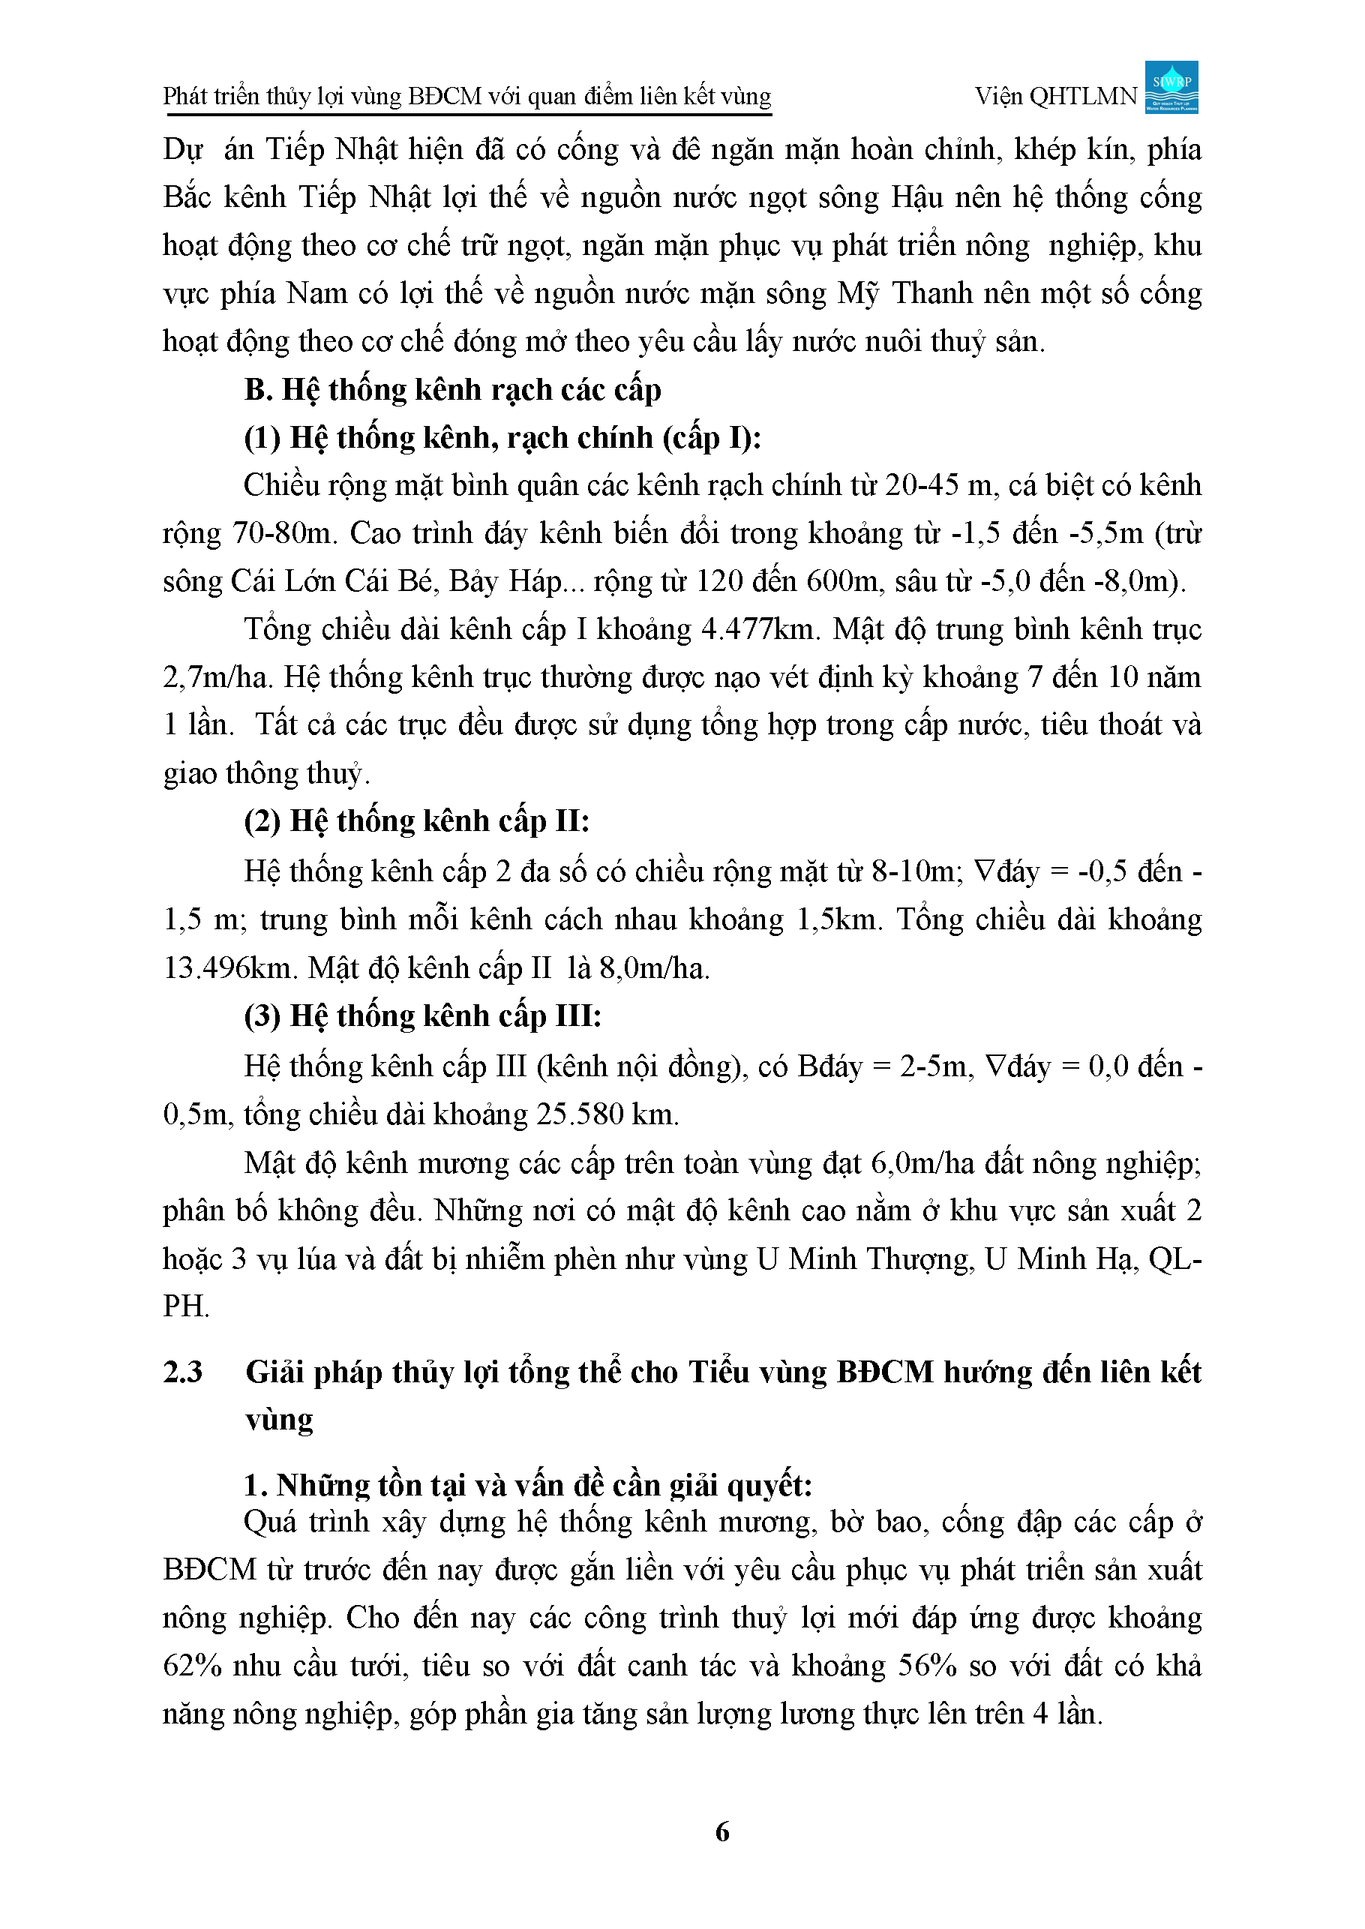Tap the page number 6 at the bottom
coord(722,1831)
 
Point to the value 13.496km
coord(229,968)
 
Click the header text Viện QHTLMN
coord(1056,97)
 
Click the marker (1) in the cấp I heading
coord(262,438)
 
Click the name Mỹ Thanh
coord(921,293)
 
